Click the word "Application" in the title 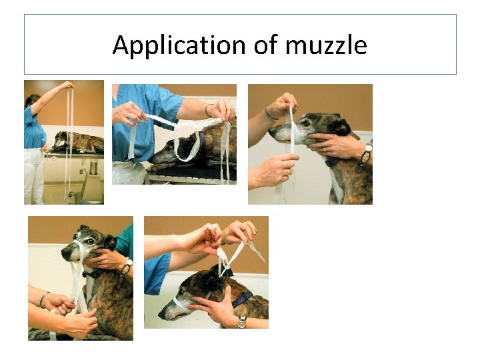tap(179, 45)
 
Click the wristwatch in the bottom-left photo tap(125, 267)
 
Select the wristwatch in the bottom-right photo tap(241, 323)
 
